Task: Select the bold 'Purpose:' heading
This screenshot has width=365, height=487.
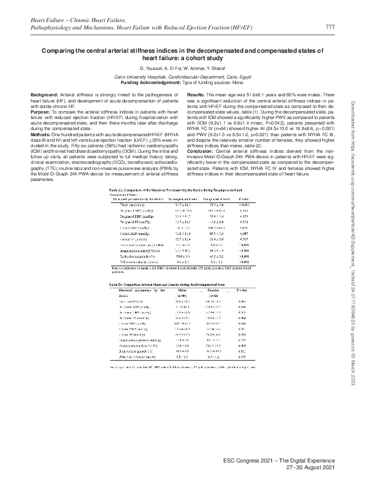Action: pos(41,111)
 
